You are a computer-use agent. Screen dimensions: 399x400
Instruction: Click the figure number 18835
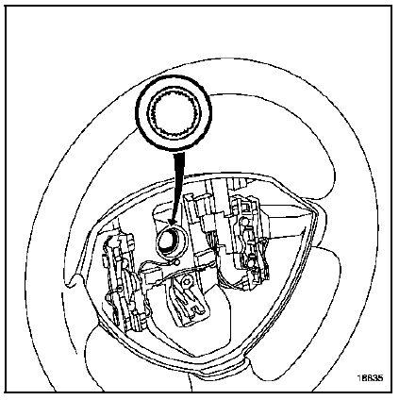(x=371, y=378)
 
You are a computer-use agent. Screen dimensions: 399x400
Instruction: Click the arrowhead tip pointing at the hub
(x=170, y=225)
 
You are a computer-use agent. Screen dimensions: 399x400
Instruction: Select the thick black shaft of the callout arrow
(x=176, y=186)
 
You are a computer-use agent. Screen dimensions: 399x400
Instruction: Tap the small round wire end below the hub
(x=177, y=261)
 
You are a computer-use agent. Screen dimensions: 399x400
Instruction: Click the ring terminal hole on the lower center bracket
(x=188, y=280)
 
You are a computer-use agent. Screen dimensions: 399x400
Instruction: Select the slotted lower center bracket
(x=188, y=299)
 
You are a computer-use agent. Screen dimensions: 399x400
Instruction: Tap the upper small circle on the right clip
(x=243, y=222)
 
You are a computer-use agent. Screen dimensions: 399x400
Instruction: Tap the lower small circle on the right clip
(x=252, y=261)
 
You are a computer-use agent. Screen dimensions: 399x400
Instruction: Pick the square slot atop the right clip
(x=246, y=207)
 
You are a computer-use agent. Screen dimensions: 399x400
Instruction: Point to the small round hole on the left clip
(x=120, y=289)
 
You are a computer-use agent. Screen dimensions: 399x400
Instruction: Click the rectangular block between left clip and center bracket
(x=150, y=276)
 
